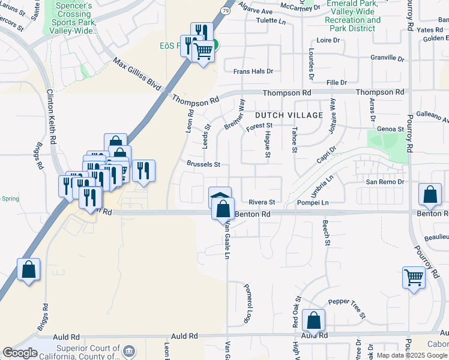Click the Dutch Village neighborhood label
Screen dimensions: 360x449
tap(289, 115)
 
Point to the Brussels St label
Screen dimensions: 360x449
tap(203, 164)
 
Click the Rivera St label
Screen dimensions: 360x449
tap(262, 202)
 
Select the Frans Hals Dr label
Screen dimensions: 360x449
tap(253, 71)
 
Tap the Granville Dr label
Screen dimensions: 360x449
tap(387, 58)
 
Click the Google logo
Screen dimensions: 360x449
tap(20, 353)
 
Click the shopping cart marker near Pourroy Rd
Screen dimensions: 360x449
tap(414, 277)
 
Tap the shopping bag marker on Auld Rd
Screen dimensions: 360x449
tap(314, 320)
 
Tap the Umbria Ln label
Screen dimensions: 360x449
tap(322, 186)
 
